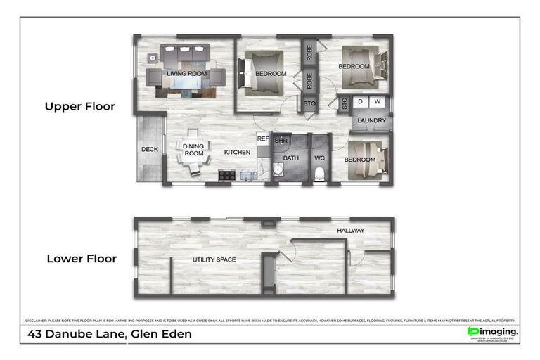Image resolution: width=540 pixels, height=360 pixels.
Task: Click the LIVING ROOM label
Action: (x=186, y=73)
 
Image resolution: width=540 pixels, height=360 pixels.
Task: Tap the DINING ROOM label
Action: (x=193, y=150)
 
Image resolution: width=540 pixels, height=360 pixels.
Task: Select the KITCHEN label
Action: (x=237, y=152)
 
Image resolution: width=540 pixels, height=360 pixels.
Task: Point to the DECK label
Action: (x=149, y=149)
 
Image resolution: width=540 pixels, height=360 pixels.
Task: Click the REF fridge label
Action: (x=263, y=139)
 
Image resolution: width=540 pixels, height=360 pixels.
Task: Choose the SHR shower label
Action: (x=281, y=141)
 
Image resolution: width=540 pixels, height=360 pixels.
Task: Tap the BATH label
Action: (x=291, y=158)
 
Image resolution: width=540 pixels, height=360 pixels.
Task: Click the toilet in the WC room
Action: (x=320, y=173)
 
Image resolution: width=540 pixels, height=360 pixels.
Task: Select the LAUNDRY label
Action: (x=371, y=120)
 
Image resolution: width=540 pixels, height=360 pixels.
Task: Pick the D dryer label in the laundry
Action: (x=361, y=102)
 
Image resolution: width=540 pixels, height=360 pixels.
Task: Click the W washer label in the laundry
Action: (x=378, y=102)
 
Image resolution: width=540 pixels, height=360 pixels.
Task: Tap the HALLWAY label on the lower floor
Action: (x=351, y=231)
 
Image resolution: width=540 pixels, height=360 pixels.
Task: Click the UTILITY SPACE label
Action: (x=214, y=260)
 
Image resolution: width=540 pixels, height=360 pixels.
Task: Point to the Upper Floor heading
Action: (x=79, y=107)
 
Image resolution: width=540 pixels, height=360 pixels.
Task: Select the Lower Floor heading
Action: (x=82, y=258)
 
